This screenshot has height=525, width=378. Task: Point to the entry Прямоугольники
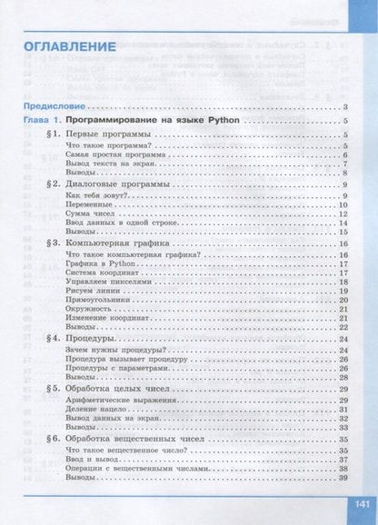point(99,300)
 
